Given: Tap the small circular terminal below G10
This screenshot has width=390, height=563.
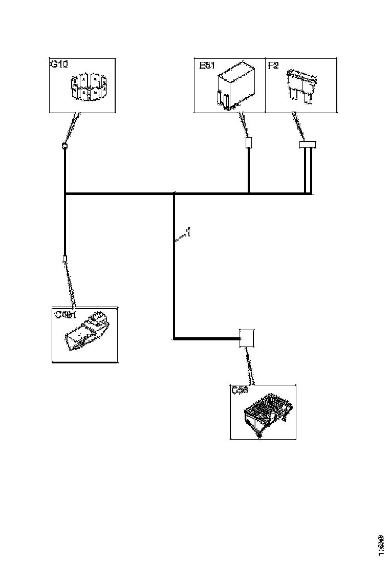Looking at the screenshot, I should click(65, 146).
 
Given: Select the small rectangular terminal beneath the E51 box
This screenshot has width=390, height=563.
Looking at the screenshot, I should click(249, 143).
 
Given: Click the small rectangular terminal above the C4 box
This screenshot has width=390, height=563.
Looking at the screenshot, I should click(65, 259).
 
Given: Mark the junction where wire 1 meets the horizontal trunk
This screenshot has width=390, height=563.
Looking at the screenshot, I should click(174, 194).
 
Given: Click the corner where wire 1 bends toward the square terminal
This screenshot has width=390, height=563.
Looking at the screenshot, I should click(174, 338).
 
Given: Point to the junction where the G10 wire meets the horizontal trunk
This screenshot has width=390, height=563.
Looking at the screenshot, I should click(65, 194).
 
